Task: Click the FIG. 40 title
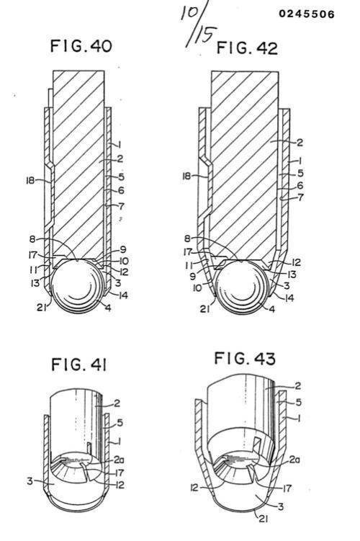[x=81, y=46]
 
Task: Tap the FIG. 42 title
[x=247, y=48]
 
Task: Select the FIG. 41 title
[x=79, y=365]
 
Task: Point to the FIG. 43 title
[x=245, y=358]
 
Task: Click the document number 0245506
[x=307, y=14]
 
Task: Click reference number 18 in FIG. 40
[x=30, y=180]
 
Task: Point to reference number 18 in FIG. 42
[x=186, y=176]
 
